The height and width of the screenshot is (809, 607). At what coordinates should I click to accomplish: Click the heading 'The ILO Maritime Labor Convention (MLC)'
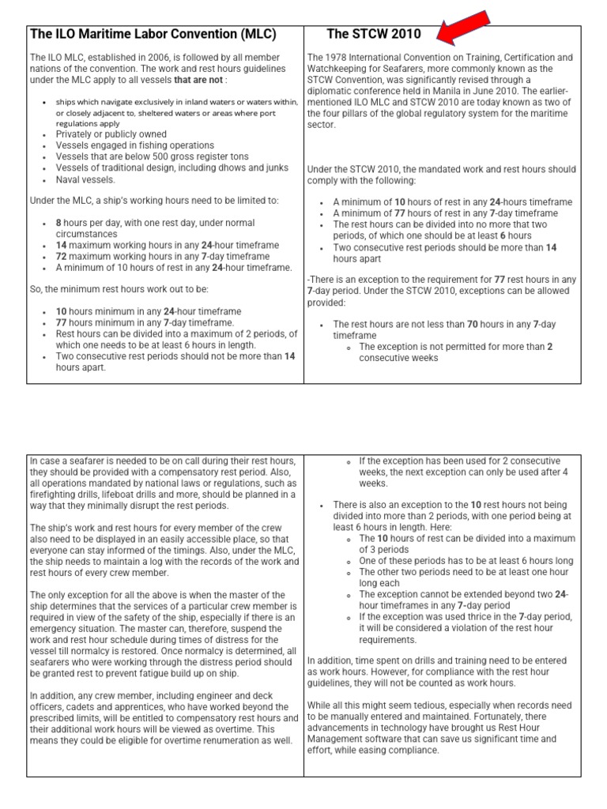tap(153, 34)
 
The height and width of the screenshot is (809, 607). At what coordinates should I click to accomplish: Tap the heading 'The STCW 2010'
tap(374, 34)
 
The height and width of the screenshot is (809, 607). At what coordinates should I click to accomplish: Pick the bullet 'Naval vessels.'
tap(84, 179)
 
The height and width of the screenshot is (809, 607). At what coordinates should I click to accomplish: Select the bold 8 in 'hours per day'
tap(58, 224)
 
